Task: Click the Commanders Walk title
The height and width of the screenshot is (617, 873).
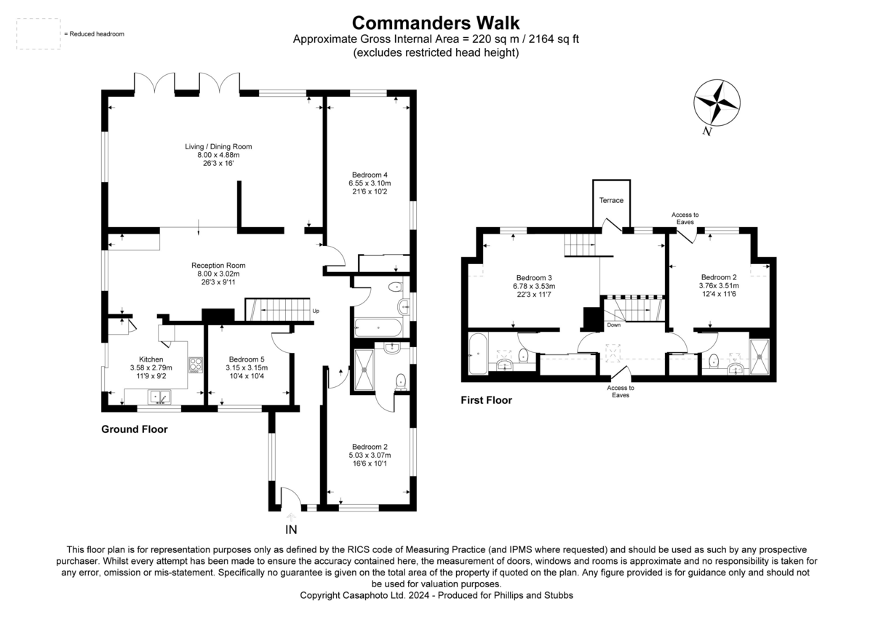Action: [x=436, y=23]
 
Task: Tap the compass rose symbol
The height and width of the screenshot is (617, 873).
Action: [x=717, y=103]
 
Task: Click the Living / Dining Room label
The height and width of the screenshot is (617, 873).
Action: [x=218, y=146]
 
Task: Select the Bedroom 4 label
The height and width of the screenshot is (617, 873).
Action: [x=370, y=175]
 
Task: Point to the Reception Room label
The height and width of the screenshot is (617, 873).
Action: [x=218, y=266]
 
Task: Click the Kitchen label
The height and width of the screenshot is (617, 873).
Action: [x=151, y=359]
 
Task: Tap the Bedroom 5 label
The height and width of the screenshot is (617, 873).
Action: [x=247, y=359]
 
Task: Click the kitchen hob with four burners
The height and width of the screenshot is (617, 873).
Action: [x=196, y=365]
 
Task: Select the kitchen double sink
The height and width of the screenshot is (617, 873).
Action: [x=159, y=397]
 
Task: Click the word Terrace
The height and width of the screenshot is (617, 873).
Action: [x=611, y=200]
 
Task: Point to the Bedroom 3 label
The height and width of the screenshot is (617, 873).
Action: [x=534, y=278]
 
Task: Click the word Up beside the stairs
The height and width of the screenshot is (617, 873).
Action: [x=316, y=311]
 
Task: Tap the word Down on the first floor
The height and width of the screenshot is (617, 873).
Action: [x=614, y=325]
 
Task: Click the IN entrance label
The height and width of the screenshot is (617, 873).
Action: [x=291, y=530]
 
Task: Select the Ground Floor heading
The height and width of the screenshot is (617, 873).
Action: [x=135, y=429]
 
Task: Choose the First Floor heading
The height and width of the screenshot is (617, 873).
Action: [x=487, y=400]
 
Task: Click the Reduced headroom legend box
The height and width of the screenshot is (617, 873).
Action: [x=38, y=34]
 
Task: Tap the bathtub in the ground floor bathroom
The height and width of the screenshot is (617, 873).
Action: [x=378, y=328]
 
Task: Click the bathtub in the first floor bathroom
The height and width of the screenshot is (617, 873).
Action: [x=478, y=354]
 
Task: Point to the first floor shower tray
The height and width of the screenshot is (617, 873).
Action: [x=760, y=357]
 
